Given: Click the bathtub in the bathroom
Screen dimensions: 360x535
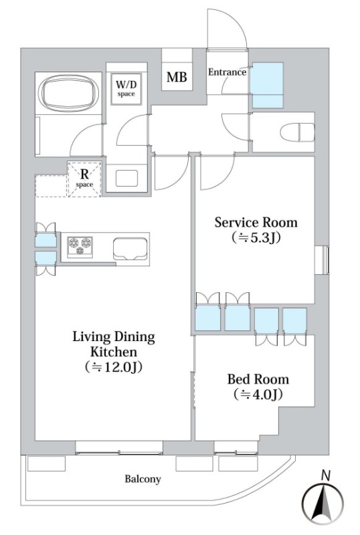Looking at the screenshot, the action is [x=69, y=93].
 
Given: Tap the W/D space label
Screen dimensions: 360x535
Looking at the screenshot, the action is [x=126, y=88].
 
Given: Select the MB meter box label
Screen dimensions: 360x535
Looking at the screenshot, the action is [x=177, y=77].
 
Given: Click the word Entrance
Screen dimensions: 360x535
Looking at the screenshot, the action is [x=227, y=72].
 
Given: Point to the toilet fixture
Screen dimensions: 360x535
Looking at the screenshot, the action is [x=297, y=132].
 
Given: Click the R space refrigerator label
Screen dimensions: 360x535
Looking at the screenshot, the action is [x=84, y=179].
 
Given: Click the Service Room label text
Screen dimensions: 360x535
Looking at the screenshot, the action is [x=256, y=223].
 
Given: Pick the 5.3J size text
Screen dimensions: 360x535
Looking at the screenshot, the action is [x=256, y=237].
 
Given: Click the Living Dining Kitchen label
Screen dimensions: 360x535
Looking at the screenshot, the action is [x=114, y=344].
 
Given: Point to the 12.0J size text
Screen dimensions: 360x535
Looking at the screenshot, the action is [x=114, y=366].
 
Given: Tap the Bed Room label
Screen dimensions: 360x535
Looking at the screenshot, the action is [x=258, y=379].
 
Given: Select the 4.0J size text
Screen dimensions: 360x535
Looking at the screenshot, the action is [x=258, y=395].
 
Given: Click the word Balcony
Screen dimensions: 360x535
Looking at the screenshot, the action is [x=143, y=479].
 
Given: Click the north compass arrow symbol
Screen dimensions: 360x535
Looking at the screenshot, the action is [x=323, y=504].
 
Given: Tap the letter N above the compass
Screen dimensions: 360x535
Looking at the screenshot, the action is [x=326, y=475].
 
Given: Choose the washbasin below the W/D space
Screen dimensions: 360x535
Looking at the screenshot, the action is [x=126, y=178].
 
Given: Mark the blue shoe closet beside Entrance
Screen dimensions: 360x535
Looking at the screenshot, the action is [x=268, y=86].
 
